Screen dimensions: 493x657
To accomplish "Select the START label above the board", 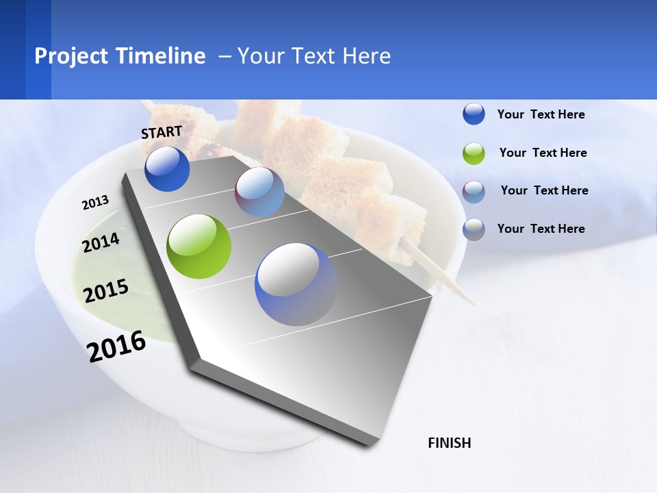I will tap(162, 132).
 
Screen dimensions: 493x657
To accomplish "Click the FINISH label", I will tap(450, 443).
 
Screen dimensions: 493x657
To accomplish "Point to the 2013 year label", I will tap(96, 203).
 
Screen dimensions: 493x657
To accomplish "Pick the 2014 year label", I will tap(101, 242).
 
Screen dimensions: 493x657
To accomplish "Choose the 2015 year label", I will tap(106, 291).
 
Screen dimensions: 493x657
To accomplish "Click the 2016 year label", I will tap(116, 346).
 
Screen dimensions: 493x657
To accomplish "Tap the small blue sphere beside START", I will tap(167, 168).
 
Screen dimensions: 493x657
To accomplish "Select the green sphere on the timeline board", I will tap(199, 246).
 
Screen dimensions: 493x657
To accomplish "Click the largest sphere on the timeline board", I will tap(296, 284).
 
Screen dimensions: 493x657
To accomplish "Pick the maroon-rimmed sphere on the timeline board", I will tap(259, 192).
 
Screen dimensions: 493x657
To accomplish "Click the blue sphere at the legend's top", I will tap(474, 114).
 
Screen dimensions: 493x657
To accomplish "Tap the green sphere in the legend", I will tap(474, 153).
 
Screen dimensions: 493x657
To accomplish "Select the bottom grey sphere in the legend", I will tap(474, 229).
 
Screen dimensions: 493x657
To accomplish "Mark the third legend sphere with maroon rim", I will tap(474, 192).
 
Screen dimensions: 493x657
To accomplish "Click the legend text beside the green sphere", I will tap(543, 153).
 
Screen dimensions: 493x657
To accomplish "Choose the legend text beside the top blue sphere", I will tap(541, 114).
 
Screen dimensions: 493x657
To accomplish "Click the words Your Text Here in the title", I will tap(314, 56).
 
